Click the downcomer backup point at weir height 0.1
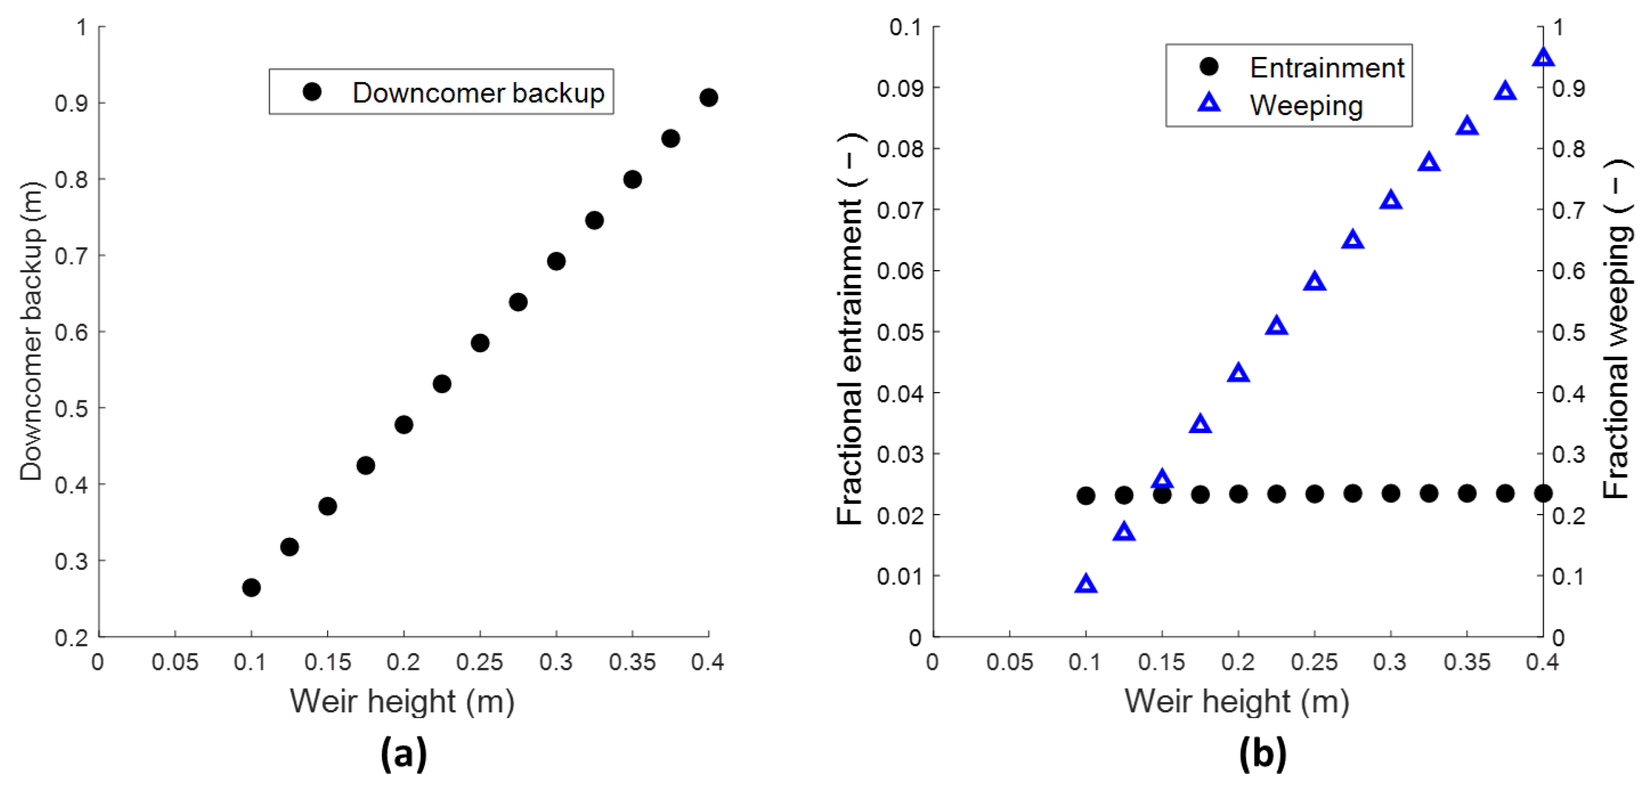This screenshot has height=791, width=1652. point(251,587)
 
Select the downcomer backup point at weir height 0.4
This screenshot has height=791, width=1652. point(708,97)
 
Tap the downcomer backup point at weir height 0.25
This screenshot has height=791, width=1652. point(480,343)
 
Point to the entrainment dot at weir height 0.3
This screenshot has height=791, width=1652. point(1390,494)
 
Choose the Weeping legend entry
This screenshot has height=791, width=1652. point(1306,106)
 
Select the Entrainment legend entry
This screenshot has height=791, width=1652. point(1326,67)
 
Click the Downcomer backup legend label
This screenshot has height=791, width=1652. point(478,93)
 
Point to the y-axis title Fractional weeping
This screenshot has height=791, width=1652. point(1616,330)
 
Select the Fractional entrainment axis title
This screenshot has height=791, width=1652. point(850,330)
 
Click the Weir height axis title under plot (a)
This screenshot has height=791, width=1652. point(402,701)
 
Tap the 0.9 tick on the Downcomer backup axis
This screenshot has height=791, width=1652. point(71,103)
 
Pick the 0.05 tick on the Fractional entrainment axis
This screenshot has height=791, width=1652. point(899,332)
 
